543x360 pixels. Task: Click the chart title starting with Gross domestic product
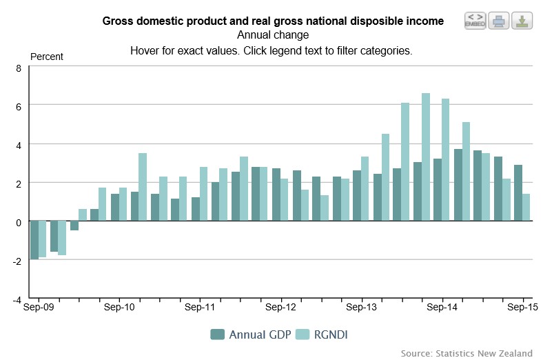coord(273,21)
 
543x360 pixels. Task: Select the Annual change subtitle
coord(273,35)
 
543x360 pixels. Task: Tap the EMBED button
coord(475,20)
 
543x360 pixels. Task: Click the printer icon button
coord(498,20)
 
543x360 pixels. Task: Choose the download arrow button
coord(522,20)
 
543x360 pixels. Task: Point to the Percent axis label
coord(47,57)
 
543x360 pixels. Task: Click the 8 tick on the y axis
coord(19,68)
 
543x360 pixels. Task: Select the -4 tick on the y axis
coord(18,299)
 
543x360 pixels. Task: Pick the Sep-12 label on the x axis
coord(280,307)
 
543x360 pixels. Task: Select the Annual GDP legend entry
coord(249,335)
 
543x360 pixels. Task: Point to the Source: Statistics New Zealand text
coord(467,353)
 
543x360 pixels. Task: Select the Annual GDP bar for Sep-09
coord(34,240)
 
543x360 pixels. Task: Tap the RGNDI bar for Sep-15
coord(526,208)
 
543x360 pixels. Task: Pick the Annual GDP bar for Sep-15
coord(518,193)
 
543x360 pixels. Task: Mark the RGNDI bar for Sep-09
coord(42,239)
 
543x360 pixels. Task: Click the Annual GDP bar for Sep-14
coord(438,190)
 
